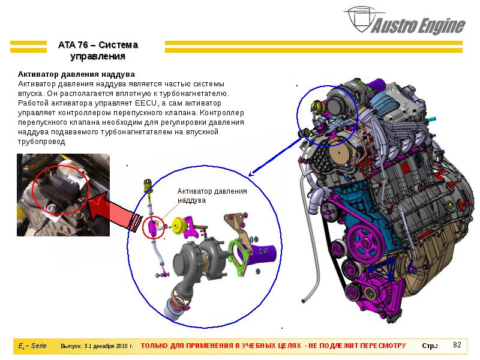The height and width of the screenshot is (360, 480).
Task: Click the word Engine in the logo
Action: point(440,26)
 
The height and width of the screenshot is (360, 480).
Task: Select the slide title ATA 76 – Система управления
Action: point(98,51)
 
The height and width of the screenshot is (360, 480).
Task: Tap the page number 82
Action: point(457,345)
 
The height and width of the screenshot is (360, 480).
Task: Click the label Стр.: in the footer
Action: point(430,346)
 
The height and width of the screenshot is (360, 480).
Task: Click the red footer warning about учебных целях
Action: point(273,346)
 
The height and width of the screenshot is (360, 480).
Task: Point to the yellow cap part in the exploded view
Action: point(177,225)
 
